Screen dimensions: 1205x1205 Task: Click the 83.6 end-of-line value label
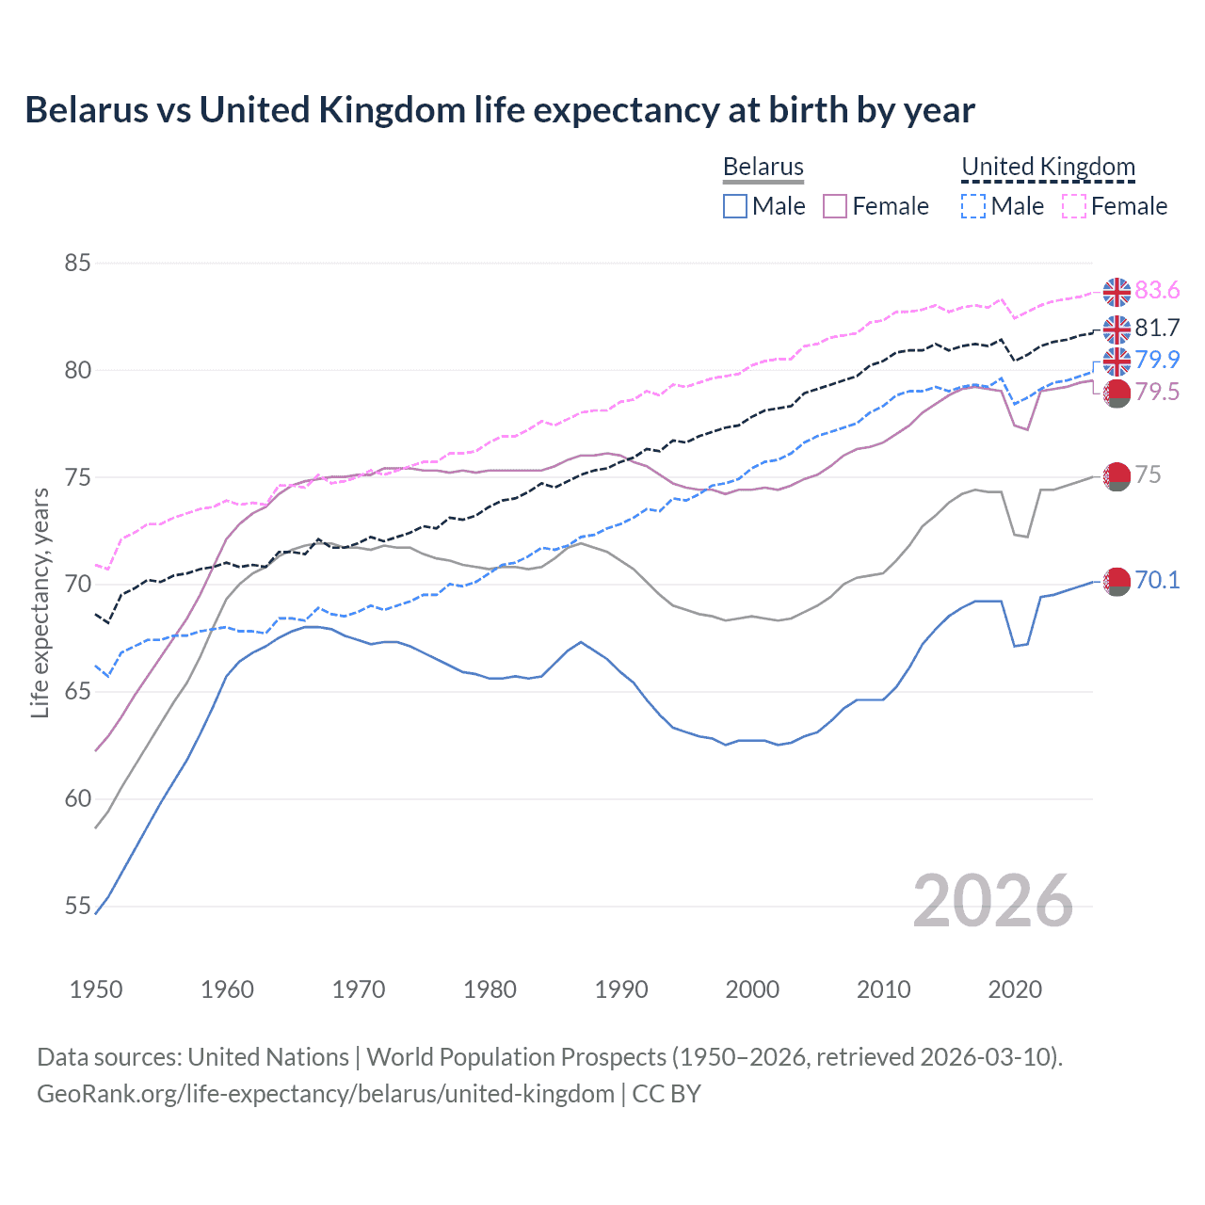1157,290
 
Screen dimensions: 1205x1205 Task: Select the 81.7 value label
1157,328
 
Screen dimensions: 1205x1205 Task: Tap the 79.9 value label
1157,360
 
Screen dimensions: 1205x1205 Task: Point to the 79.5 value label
1157,392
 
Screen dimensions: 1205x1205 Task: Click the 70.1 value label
1157,580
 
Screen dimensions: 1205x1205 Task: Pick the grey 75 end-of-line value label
1148,474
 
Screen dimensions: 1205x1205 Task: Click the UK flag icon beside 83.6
1117,292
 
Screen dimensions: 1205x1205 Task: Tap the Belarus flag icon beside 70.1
1117,582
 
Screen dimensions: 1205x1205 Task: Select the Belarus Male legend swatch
735,206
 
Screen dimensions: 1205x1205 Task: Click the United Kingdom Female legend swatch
1074,206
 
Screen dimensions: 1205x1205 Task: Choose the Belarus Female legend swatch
835,206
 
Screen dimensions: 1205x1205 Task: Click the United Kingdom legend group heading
1048,167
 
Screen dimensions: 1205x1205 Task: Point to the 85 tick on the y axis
78,263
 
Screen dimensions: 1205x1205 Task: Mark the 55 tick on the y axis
78,907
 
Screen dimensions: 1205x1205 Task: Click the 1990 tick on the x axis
621,989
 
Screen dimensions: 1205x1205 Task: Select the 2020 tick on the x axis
1015,989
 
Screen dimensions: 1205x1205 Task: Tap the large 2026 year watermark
992,902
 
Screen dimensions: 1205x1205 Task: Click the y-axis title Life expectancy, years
40,602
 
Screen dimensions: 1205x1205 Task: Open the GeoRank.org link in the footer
326,1094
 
